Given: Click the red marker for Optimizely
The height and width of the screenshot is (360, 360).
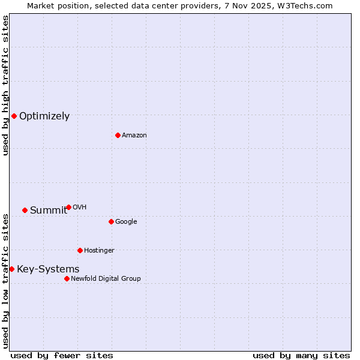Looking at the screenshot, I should pos(14,116).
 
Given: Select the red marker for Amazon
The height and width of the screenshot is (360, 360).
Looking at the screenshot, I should pos(118,135).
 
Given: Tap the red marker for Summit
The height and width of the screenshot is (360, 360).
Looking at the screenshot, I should pos(25,210).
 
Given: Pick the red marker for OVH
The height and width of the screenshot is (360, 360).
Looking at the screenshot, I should pos(68,207).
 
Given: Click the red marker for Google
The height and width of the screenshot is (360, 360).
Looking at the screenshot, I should pos(111,221).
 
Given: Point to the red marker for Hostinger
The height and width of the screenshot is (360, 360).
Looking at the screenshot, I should pos(80,250).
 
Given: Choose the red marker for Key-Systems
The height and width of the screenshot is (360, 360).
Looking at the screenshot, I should pos(11,269).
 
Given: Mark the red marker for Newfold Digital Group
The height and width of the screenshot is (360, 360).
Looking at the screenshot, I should pos(67,278).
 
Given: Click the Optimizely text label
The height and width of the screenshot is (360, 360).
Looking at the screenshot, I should pos(44,116).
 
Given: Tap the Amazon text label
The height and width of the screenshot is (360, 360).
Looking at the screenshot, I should pos(134,136).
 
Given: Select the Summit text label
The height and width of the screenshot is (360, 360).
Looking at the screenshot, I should pos(49,210).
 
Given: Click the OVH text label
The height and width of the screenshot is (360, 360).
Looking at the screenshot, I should pos(80,208).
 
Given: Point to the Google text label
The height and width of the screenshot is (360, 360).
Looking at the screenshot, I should pos(126,222).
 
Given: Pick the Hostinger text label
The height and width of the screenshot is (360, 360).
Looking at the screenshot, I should pos(99,251).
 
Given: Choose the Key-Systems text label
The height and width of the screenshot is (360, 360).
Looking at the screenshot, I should pos(48,269).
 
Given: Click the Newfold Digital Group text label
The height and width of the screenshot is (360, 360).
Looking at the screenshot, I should pos(106,279).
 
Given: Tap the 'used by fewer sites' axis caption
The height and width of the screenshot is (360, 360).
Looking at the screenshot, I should pos(62,356).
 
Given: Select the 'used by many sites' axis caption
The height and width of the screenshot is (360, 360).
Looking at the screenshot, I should pos(301,356).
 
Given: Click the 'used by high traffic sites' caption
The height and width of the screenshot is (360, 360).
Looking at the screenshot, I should pos(5,85).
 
